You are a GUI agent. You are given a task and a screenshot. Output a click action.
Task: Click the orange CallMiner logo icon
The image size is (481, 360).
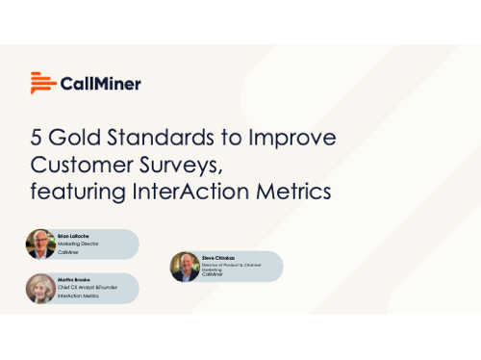(41, 83)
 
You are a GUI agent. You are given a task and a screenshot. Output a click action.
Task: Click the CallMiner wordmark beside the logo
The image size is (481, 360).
(101, 84)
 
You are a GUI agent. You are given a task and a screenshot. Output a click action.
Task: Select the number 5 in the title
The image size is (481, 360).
(36, 138)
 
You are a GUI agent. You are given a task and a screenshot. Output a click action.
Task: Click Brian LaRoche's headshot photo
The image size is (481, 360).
(40, 244)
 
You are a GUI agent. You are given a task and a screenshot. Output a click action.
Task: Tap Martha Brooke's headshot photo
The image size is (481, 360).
(40, 289)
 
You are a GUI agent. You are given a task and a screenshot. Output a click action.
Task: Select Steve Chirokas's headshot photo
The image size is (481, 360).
(185, 267)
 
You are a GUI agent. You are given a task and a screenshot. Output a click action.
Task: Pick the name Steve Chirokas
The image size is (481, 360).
(217, 256)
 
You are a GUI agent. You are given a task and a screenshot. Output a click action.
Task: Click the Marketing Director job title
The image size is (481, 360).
(78, 244)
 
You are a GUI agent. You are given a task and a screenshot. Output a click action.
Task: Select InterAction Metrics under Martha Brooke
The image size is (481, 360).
(82, 297)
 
